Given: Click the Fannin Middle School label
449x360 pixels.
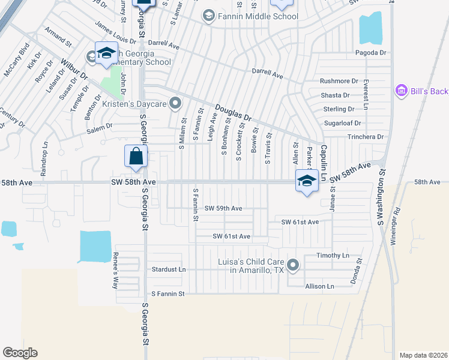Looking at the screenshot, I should click(x=258, y=16).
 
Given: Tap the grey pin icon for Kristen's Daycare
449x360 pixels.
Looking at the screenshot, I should click(x=175, y=104).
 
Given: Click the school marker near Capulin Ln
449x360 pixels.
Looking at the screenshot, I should click(x=307, y=181).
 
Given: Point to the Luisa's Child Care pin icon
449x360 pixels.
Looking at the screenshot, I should click(x=293, y=265).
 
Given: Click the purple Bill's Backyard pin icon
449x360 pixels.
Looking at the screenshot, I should click(x=400, y=91).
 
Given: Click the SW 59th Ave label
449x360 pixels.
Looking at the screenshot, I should click(x=223, y=208).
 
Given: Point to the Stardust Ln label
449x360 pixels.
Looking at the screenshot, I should click(x=169, y=269).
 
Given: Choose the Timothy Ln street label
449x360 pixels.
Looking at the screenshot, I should click(x=333, y=256).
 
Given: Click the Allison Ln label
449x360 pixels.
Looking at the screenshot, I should click(x=319, y=287).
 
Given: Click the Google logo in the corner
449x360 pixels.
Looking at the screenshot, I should click(x=20, y=352).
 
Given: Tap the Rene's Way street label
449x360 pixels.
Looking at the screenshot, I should click(x=115, y=269).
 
